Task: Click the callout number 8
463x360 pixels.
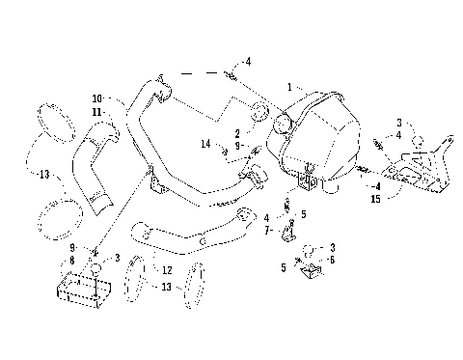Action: click(x=73, y=261)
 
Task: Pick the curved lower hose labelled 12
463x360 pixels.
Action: click(x=183, y=235)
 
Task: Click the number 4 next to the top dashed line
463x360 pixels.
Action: click(x=248, y=62)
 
